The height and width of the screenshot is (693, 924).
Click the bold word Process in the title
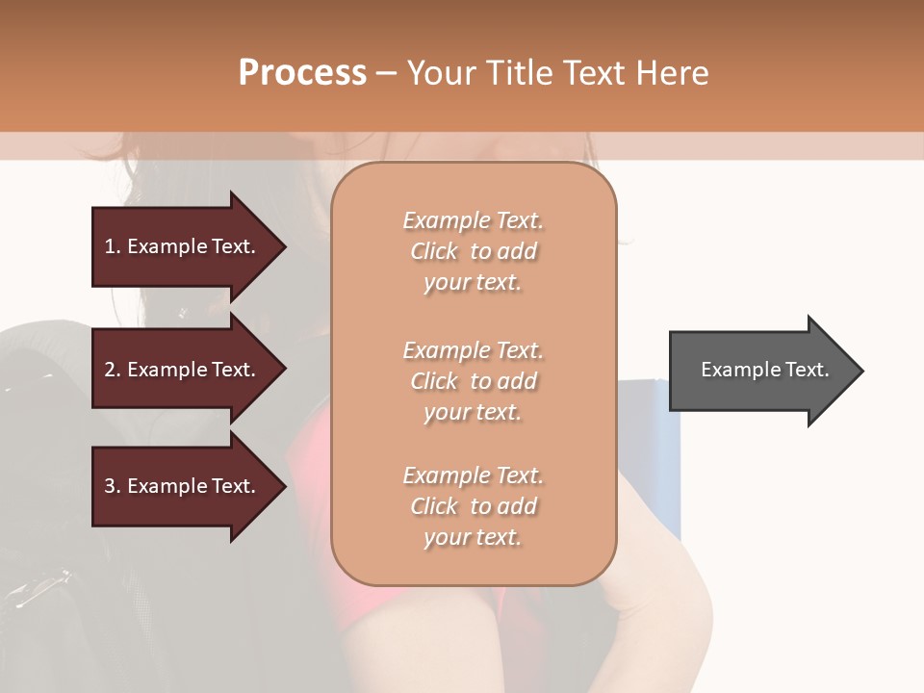point(302,73)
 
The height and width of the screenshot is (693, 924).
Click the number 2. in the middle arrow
point(113,370)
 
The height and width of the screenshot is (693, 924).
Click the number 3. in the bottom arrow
point(113,486)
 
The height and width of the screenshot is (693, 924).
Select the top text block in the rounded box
point(473,251)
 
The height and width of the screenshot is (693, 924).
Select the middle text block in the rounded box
point(473,381)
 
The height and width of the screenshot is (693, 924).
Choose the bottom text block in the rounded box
point(473,506)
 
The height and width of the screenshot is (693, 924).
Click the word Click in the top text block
point(434,251)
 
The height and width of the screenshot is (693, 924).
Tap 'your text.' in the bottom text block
point(473,537)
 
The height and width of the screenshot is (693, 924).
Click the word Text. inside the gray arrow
point(806,370)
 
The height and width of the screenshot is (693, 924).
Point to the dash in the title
point(387,73)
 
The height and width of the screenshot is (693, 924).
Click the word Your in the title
point(444,73)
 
